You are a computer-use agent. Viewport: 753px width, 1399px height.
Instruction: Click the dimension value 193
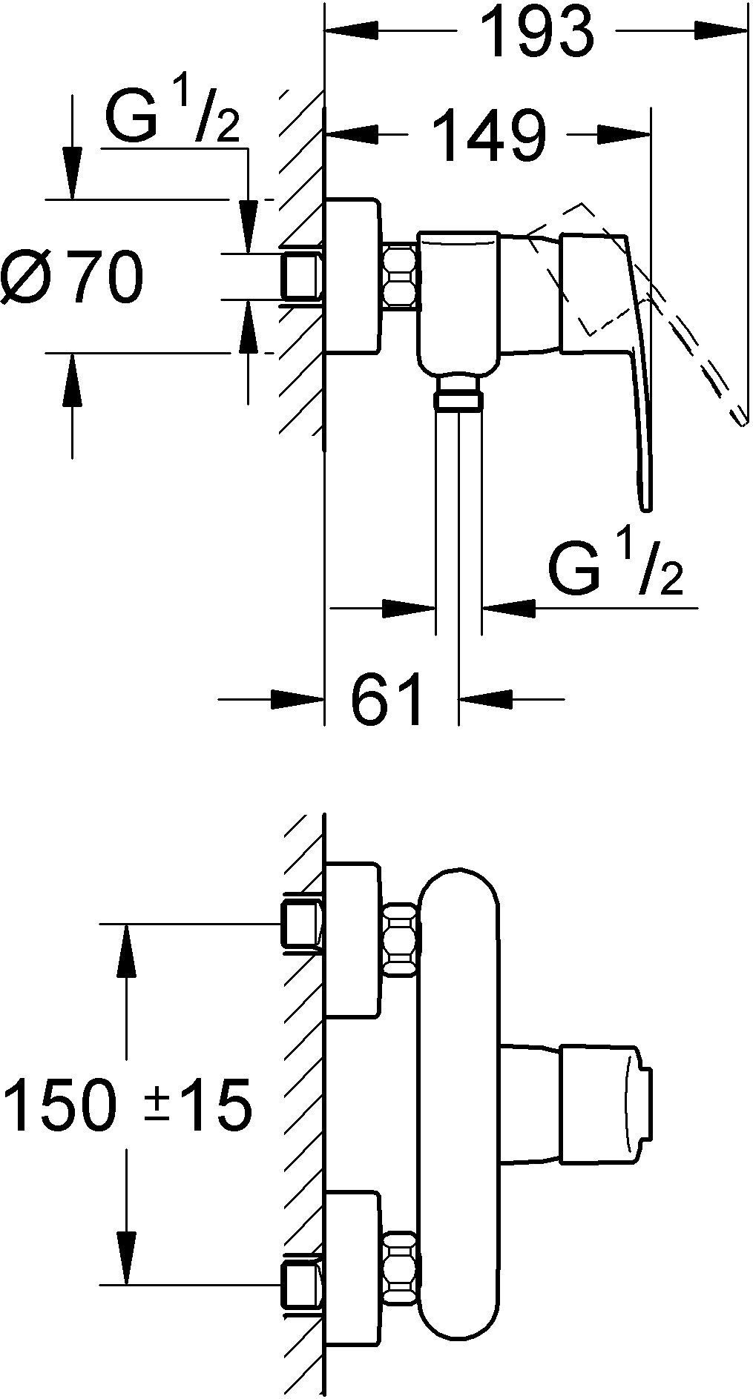tap(537, 32)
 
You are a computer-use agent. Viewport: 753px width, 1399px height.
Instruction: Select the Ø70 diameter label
tap(73, 277)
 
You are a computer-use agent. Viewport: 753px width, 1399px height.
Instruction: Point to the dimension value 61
tap(387, 699)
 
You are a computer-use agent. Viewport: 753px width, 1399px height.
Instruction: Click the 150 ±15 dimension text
tap(128, 1107)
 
